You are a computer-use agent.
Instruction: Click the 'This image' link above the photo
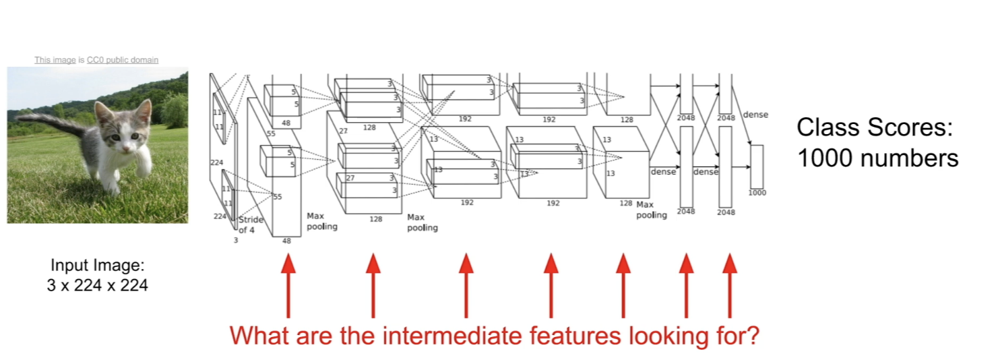coord(55,60)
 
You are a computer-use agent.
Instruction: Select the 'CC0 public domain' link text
coord(123,60)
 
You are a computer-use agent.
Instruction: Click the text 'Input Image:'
coord(97,266)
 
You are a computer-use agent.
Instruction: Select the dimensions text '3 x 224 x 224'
coord(97,285)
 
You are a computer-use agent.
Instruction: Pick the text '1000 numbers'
coord(877,158)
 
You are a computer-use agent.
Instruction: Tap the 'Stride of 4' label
coord(251,225)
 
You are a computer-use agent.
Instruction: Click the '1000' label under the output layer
coord(757,193)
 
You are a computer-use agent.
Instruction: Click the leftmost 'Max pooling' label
coord(321,221)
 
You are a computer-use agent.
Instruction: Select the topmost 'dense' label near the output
coord(755,115)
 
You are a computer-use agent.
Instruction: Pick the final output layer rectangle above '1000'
coord(757,167)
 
